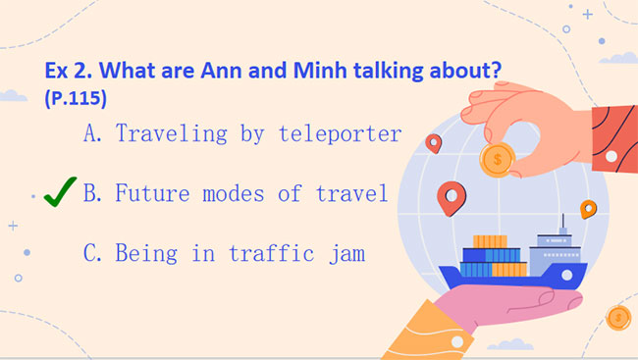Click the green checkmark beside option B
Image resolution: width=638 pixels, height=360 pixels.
click(x=61, y=193)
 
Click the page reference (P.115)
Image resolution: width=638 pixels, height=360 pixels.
click(x=76, y=99)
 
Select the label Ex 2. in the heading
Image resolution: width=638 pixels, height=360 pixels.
click(x=71, y=72)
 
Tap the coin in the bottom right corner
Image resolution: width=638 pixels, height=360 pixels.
click(x=618, y=317)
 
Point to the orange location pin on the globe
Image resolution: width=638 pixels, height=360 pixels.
click(x=588, y=209)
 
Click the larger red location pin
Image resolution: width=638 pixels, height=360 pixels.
click(x=451, y=197)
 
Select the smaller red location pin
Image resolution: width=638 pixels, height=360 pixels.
click(x=433, y=143)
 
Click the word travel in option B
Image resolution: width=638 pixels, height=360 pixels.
click(x=350, y=193)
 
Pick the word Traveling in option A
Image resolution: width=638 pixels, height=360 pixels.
click(x=172, y=134)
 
